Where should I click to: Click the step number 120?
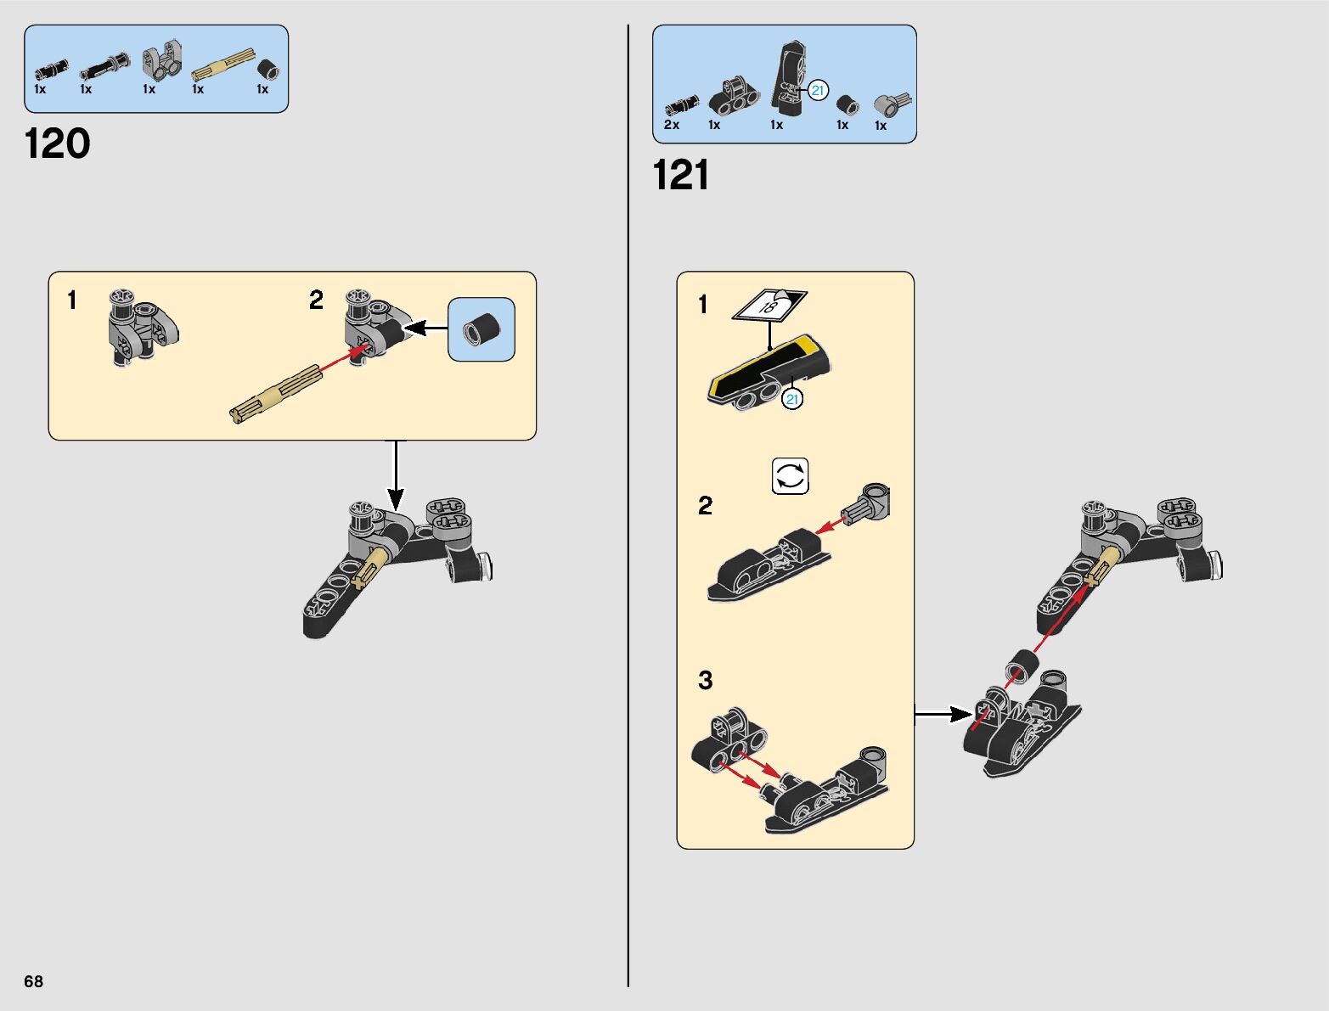[x=58, y=144]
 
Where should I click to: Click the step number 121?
[x=680, y=176]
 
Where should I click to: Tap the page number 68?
[x=33, y=980]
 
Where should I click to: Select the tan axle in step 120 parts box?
[x=222, y=65]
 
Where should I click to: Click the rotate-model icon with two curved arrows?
[x=790, y=476]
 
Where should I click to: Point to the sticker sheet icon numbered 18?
[x=769, y=305]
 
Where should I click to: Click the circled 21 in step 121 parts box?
[x=818, y=91]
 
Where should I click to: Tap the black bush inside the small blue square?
[x=481, y=329]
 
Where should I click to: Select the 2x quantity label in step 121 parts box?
[x=672, y=125]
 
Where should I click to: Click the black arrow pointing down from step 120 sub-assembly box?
[x=396, y=475]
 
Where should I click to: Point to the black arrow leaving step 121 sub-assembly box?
[x=944, y=714]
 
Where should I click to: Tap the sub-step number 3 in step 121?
[x=706, y=680]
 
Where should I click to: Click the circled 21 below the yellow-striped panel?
[x=792, y=399]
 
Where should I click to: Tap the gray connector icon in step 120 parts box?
[x=161, y=60]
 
